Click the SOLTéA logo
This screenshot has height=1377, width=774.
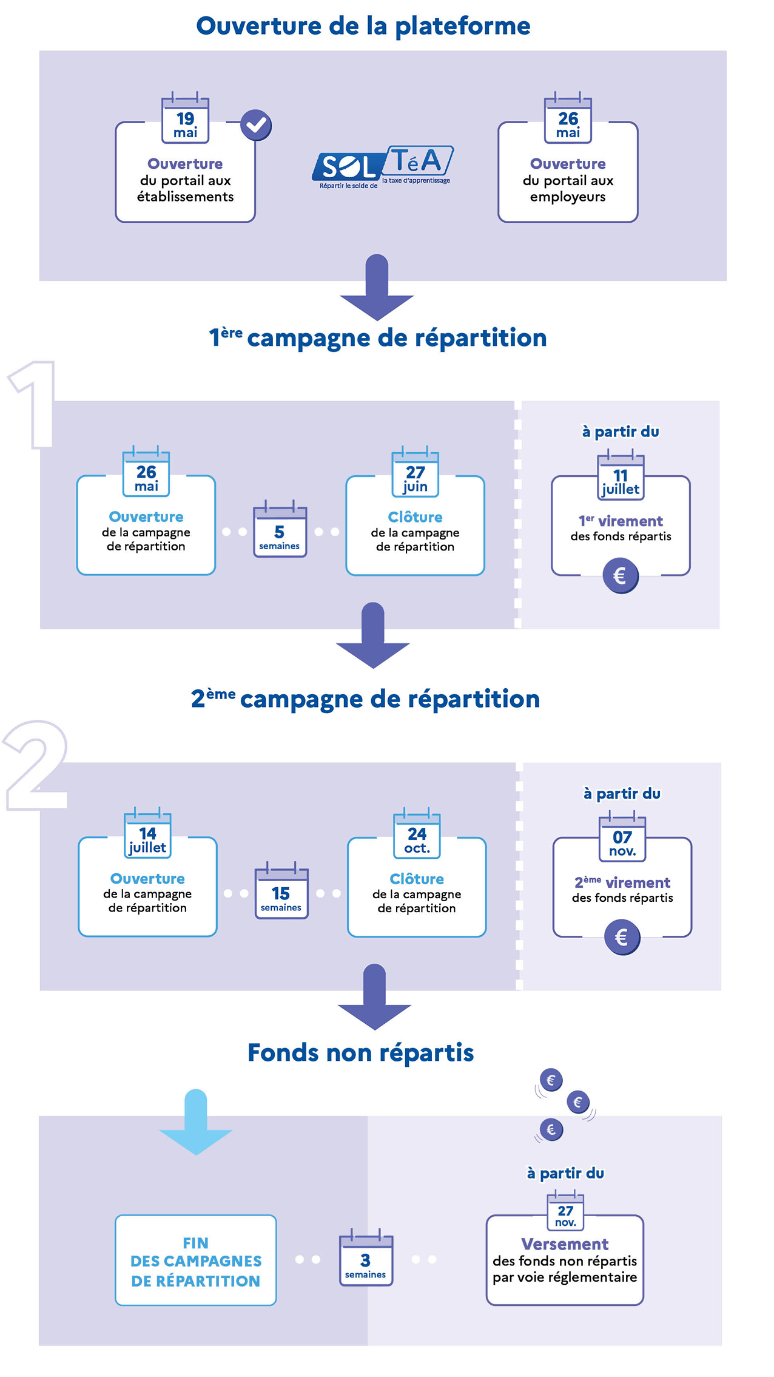(382, 167)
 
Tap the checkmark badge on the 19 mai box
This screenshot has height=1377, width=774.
(256, 125)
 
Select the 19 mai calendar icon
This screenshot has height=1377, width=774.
(185, 118)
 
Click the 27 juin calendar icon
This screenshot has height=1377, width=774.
(415, 472)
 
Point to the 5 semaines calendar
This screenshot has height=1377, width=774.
(280, 529)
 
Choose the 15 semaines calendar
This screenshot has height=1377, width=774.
(281, 890)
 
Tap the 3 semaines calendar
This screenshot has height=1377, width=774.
(366, 1257)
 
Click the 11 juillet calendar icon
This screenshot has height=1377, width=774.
(621, 475)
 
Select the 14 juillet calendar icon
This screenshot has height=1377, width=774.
(147, 833)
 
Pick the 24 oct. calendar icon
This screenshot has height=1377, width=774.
(417, 833)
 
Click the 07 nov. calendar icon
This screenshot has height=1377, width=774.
(622, 836)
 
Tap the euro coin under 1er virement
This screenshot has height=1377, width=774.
(621, 575)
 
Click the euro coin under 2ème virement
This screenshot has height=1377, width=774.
(622, 937)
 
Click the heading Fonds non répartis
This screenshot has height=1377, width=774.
(361, 1053)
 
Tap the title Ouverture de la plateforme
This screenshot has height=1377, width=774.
(363, 26)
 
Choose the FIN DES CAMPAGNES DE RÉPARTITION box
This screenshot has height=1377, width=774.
(196, 1260)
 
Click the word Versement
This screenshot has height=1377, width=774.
(565, 1244)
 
